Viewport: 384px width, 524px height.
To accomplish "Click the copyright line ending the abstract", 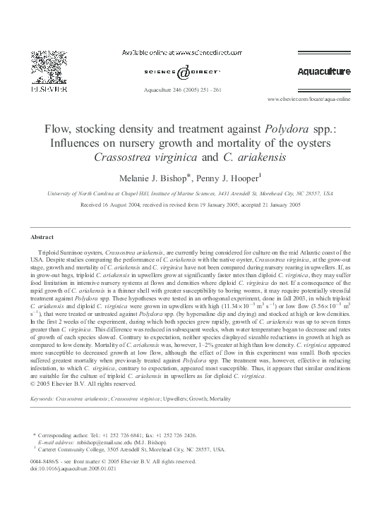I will tap(84, 384).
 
